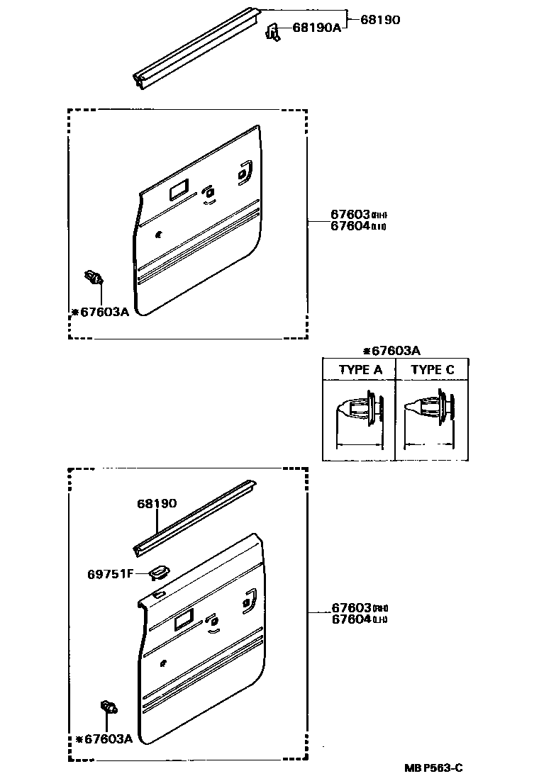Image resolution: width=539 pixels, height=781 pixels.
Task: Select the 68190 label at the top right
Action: coord(380,20)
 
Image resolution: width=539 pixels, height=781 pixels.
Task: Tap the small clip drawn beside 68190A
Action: coord(273,32)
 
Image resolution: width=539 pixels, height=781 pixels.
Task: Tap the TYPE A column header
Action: coord(360,370)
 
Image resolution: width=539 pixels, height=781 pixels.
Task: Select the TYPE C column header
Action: coord(433,370)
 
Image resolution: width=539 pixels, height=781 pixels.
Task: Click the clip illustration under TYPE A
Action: coord(359,411)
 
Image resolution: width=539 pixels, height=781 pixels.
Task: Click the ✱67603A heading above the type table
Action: coord(391,351)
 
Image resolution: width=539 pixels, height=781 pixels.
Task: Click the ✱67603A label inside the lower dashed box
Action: coord(104,738)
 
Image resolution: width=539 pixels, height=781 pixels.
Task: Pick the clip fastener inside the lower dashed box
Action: coord(108,706)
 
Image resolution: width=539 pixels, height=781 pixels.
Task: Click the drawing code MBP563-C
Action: coord(434,768)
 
